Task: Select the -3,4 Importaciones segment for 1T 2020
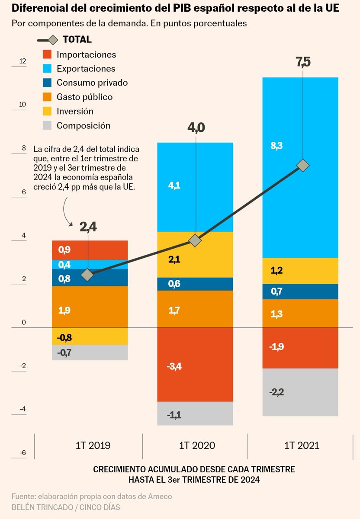195,365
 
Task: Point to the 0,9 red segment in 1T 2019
90,250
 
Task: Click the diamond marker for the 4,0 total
196,240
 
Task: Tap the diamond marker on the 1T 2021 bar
303,165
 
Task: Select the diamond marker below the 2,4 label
88,275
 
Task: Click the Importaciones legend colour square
48,54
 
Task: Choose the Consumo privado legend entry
92,83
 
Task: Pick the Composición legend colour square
48,125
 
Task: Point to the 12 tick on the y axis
22,61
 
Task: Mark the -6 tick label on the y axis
22,453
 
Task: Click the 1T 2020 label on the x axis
197,445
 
